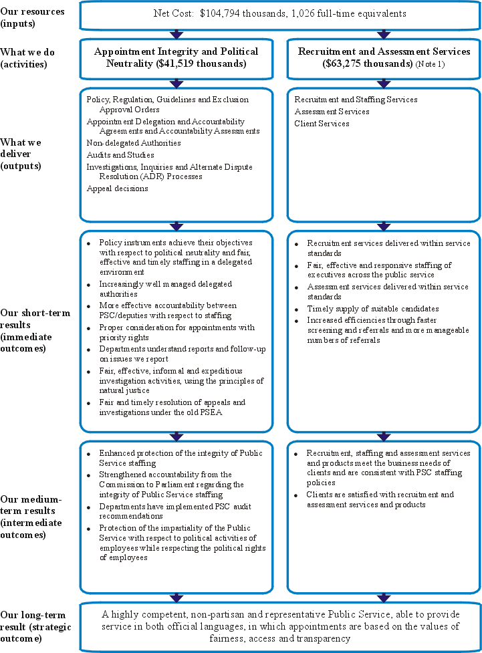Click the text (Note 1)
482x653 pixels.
coord(430,64)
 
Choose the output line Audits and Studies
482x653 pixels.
coord(120,155)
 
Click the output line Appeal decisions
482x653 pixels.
coord(118,188)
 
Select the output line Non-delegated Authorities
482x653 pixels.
coord(134,143)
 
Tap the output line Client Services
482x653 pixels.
coord(322,124)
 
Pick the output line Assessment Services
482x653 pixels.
coord(332,112)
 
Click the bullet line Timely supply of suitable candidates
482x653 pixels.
coord(373,309)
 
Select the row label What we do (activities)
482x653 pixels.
coord(27,58)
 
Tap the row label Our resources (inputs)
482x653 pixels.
coord(32,17)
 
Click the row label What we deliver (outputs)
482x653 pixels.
coord(21,154)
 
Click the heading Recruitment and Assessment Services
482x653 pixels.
coord(384,51)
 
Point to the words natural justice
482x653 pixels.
coord(124,390)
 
